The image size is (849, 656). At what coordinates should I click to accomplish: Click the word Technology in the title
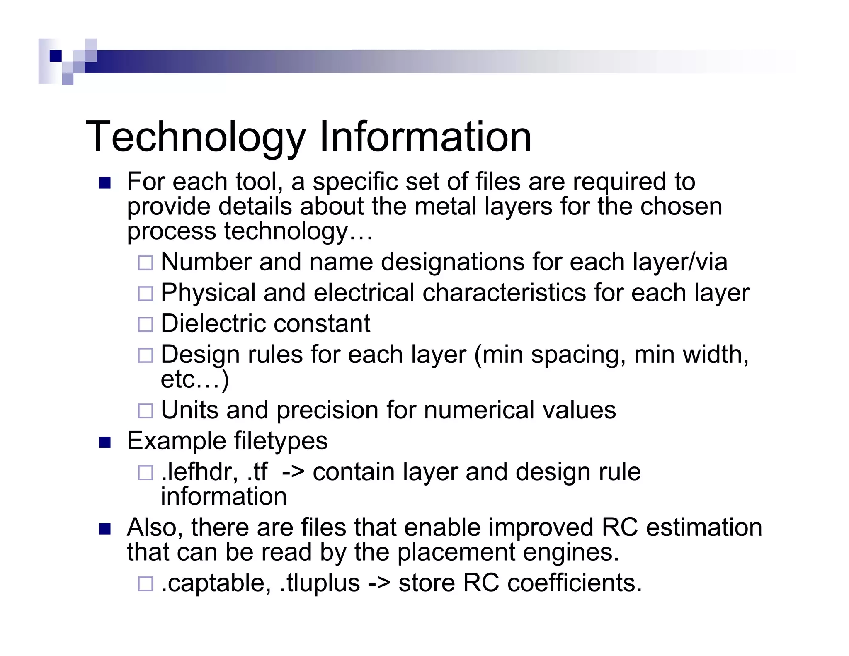pyautogui.click(x=195, y=137)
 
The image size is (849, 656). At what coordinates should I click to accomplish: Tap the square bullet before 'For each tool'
pyautogui.click(x=105, y=183)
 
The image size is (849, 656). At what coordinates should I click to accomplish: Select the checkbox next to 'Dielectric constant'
pyautogui.click(x=146, y=324)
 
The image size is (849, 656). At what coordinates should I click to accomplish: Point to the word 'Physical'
pyautogui.click(x=208, y=293)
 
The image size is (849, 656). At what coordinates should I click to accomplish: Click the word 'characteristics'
pyautogui.click(x=504, y=293)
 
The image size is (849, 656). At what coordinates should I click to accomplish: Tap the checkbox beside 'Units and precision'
pyautogui.click(x=146, y=411)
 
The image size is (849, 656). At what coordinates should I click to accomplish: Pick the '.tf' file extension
pyautogui.click(x=257, y=472)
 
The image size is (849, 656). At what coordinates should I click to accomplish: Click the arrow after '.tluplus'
pyautogui.click(x=379, y=583)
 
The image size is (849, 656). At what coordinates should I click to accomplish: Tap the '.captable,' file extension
pyautogui.click(x=216, y=583)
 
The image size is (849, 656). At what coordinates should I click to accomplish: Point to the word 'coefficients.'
pyautogui.click(x=575, y=583)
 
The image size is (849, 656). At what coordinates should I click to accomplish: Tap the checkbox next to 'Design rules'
pyautogui.click(x=146, y=355)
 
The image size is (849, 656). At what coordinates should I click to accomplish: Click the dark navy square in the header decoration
pyautogui.click(x=56, y=56)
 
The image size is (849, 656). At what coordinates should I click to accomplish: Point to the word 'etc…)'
pyautogui.click(x=194, y=379)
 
